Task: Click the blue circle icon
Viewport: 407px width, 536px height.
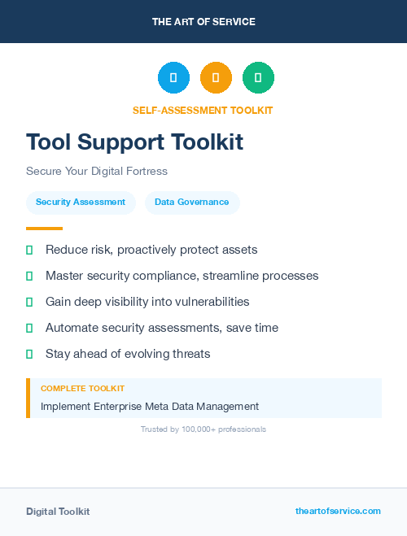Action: tap(173, 78)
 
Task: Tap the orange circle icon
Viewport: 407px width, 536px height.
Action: tap(216, 78)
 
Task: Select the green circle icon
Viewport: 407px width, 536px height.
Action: tap(258, 78)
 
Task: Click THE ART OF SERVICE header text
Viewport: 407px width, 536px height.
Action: tap(203, 21)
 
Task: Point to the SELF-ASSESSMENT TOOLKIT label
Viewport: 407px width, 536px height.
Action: tap(203, 110)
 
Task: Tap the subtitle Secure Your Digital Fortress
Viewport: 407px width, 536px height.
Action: tap(96, 172)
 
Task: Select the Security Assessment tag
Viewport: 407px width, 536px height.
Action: tap(81, 202)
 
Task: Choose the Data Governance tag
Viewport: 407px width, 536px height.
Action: tap(192, 202)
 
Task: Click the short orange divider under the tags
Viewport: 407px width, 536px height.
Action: tap(44, 229)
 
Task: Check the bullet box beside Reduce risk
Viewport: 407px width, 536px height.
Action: tap(29, 250)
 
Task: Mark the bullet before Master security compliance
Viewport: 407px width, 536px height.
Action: tap(29, 276)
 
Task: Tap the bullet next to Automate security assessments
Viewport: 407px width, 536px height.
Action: tap(29, 328)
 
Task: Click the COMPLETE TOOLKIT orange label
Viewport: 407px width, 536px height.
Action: tap(82, 389)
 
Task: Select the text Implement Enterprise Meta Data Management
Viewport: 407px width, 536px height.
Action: tap(150, 406)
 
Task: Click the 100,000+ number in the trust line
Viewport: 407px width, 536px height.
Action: tap(192, 429)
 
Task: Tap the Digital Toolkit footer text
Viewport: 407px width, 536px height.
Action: tap(58, 512)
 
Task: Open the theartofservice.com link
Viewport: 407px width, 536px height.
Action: tap(338, 511)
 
